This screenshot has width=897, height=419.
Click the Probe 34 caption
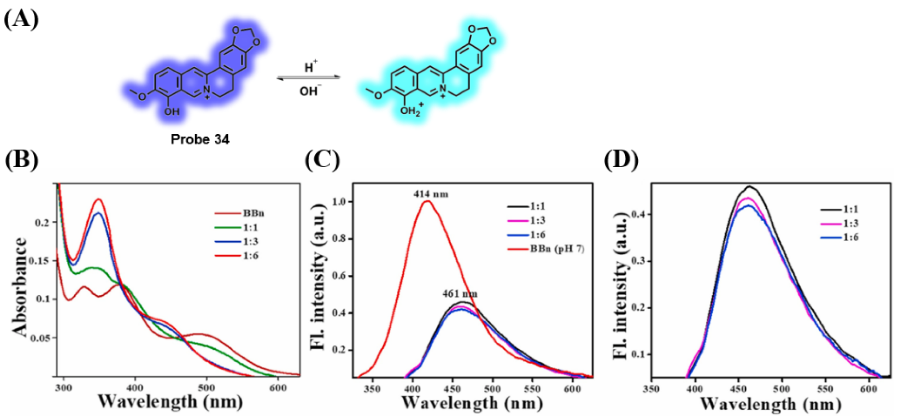click(x=200, y=140)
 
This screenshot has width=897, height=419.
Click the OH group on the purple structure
click(x=171, y=112)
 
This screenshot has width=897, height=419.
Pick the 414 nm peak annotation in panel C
click(x=431, y=194)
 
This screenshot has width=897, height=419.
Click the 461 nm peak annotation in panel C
click(x=460, y=294)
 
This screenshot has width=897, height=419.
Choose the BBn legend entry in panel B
click(x=254, y=213)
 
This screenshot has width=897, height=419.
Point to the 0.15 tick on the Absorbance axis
click(x=41, y=260)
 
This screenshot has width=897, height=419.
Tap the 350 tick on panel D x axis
click(x=651, y=389)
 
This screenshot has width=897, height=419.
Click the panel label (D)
click(x=622, y=161)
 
